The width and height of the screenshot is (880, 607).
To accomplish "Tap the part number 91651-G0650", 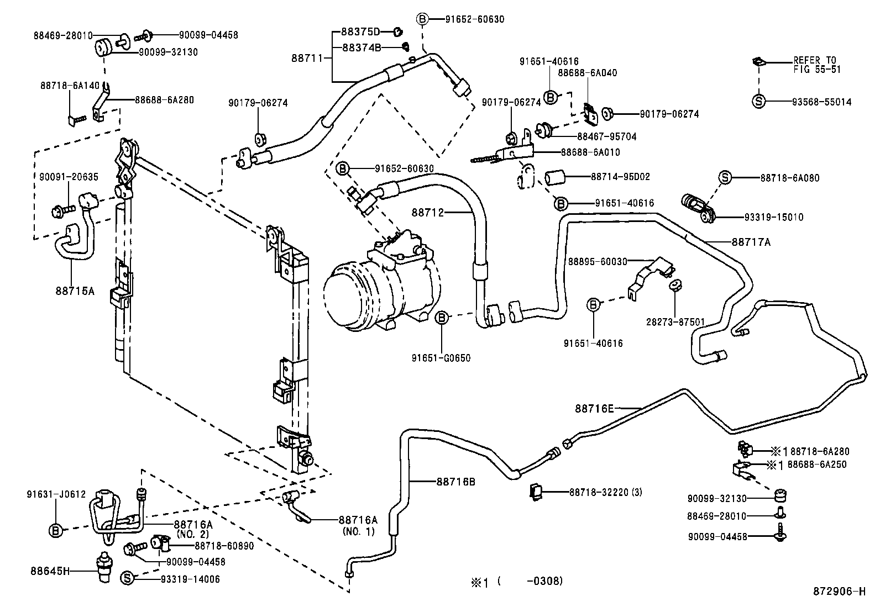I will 441,358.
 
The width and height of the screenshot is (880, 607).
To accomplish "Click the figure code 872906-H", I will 839,592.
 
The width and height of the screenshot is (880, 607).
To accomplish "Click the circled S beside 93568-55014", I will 759,102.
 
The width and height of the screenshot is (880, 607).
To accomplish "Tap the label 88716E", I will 594,409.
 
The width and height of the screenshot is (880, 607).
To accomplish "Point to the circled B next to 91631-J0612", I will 56,531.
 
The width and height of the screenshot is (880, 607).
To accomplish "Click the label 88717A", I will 751,242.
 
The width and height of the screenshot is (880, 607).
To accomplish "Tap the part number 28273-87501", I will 675,321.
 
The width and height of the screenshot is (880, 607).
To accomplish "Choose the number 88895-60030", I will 598,261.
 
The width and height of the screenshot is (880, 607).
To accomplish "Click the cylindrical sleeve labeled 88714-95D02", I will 556,178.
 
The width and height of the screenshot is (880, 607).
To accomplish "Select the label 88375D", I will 360,31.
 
